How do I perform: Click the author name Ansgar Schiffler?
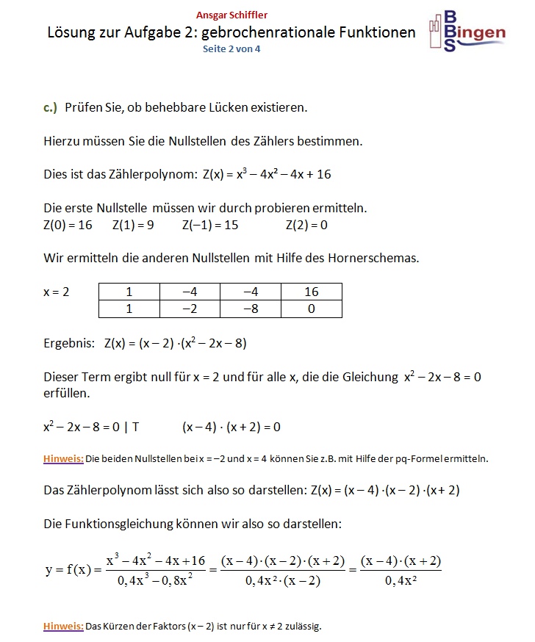(231, 15)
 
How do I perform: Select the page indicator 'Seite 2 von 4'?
(231, 49)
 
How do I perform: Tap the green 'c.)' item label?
(50, 107)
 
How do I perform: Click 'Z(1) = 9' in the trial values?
(133, 225)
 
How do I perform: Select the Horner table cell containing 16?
(311, 292)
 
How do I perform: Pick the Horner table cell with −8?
(250, 309)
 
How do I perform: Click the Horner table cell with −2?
(190, 309)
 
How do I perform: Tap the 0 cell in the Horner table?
(311, 309)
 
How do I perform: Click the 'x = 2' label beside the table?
(57, 292)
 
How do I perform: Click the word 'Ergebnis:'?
(68, 343)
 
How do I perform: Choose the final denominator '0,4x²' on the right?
(401, 582)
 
